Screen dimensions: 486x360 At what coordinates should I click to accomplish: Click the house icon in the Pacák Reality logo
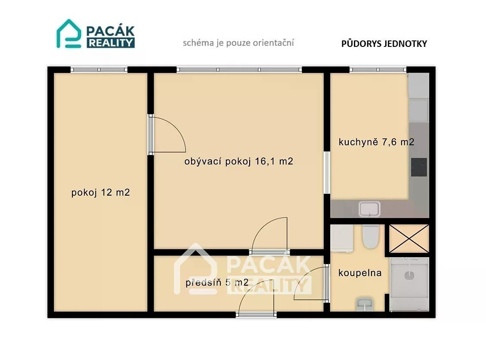69,34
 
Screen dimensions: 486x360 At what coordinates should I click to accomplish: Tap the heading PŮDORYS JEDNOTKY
384,43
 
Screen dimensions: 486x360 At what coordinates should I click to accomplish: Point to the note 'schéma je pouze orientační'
238,43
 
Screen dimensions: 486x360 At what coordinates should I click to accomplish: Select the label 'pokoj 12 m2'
100,192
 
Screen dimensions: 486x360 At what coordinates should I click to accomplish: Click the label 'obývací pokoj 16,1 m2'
238,161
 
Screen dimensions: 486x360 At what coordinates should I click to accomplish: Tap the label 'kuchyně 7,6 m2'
376,142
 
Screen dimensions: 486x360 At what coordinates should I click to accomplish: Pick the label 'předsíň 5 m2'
217,282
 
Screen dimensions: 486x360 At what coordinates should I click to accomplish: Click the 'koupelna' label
360,273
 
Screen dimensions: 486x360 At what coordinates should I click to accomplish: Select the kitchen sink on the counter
369,209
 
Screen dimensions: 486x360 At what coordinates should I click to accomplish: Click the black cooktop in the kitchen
419,167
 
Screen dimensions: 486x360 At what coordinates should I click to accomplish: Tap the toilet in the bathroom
370,237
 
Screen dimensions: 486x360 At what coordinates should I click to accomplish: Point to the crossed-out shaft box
409,239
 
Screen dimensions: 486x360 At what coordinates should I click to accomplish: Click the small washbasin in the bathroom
365,305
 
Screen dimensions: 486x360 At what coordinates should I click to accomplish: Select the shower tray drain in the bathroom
409,275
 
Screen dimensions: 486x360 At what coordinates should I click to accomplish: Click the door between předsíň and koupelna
311,283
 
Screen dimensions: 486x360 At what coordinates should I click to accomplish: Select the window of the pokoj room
99,70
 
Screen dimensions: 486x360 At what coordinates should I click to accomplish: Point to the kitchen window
378,70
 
